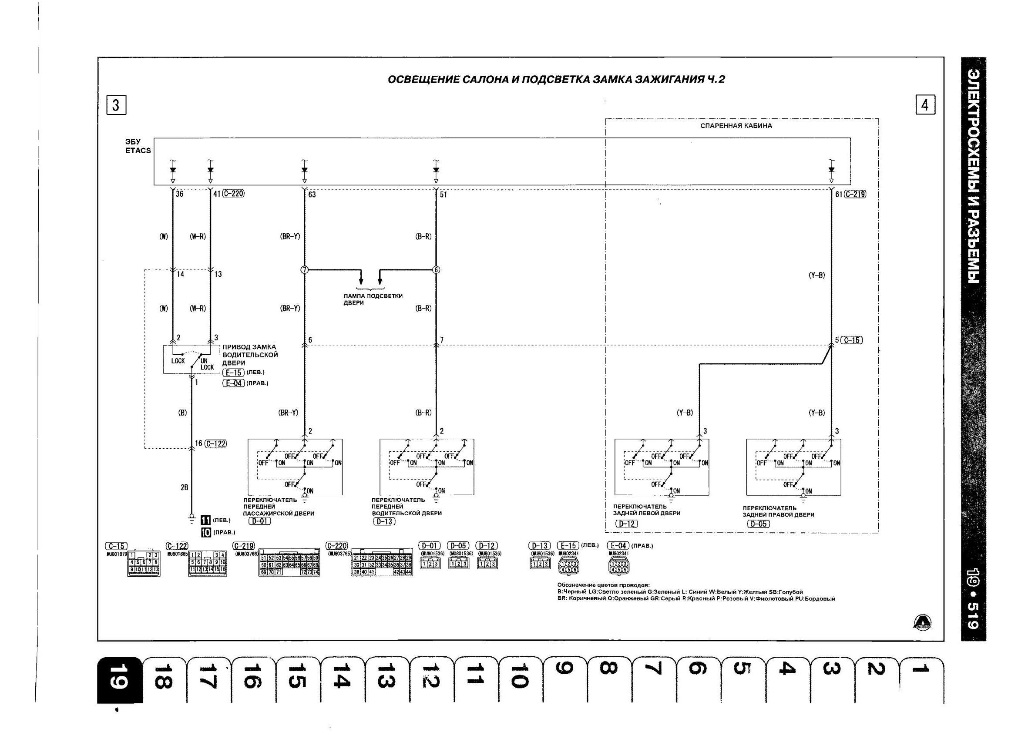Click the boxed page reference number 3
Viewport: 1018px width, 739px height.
pos(116,105)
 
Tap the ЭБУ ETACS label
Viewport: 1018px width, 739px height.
pos(138,146)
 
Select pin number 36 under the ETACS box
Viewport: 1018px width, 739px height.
pos(179,195)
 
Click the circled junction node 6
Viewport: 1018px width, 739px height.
pos(436,270)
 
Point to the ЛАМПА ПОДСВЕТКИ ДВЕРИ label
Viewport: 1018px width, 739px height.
pos(373,299)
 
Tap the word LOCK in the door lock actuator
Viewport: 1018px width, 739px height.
pos(178,361)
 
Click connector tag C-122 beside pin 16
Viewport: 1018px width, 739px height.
pos(215,443)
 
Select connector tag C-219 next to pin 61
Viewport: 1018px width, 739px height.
pos(855,194)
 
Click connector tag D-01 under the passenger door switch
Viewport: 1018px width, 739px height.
pos(259,521)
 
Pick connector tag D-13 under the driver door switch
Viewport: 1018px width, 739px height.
pos(384,521)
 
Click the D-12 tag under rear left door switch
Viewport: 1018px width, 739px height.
pos(627,523)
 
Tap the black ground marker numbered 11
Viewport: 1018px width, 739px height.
pos(206,520)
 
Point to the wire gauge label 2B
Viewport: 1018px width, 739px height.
pos(184,487)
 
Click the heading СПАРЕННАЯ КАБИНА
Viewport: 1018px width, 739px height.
pos(736,126)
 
